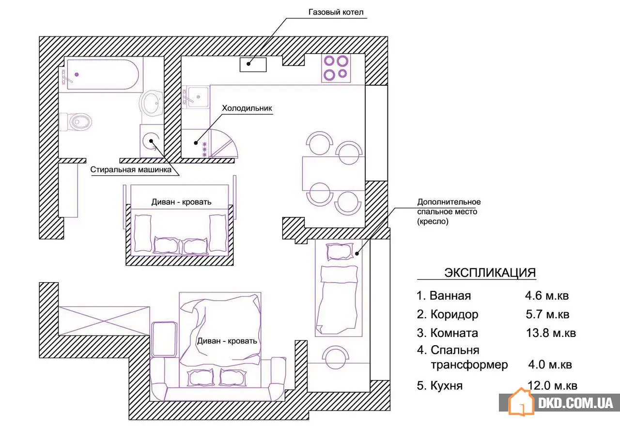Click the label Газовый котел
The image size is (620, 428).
[x=336, y=12]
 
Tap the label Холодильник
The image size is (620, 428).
[x=247, y=108]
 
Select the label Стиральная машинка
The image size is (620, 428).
[x=131, y=169]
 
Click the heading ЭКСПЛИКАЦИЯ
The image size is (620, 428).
[x=490, y=273]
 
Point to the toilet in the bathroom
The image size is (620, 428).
[x=75, y=122]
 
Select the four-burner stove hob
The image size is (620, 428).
[x=336, y=68]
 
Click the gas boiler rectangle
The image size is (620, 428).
[x=253, y=65]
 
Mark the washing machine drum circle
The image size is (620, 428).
[x=151, y=141]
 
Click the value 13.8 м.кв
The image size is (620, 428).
[x=551, y=333]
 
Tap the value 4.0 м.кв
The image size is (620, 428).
[x=550, y=365]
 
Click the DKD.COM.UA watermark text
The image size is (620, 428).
[x=575, y=403]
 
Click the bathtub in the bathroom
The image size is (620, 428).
[x=103, y=75]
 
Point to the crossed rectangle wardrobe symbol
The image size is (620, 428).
[x=104, y=321]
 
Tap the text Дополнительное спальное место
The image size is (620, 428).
[x=449, y=207]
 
